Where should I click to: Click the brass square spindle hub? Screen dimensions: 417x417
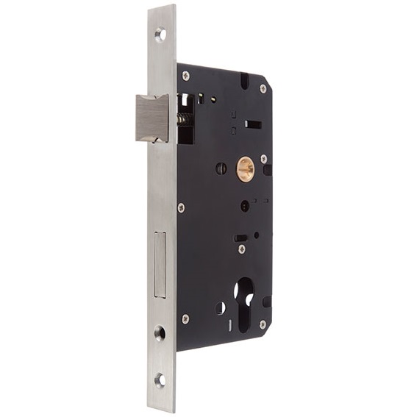(245, 169)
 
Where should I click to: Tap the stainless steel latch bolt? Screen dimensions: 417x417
(152, 118)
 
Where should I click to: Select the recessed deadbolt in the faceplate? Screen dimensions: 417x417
(160, 264)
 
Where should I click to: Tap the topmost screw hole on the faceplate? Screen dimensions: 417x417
(161, 33)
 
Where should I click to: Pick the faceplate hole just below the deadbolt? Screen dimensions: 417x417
(160, 333)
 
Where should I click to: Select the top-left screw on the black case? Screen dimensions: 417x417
(185, 75)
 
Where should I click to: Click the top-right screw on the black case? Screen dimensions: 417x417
(263, 88)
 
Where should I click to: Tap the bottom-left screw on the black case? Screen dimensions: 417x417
(185, 318)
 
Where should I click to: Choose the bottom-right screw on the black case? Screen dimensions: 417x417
(263, 324)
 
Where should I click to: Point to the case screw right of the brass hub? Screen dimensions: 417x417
(263, 158)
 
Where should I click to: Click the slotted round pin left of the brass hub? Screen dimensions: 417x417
(221, 168)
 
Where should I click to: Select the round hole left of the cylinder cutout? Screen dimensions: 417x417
(221, 307)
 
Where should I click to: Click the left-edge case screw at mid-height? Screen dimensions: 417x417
(182, 207)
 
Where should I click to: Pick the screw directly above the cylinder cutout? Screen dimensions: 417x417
(242, 249)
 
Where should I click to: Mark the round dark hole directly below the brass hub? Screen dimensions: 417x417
(244, 206)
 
